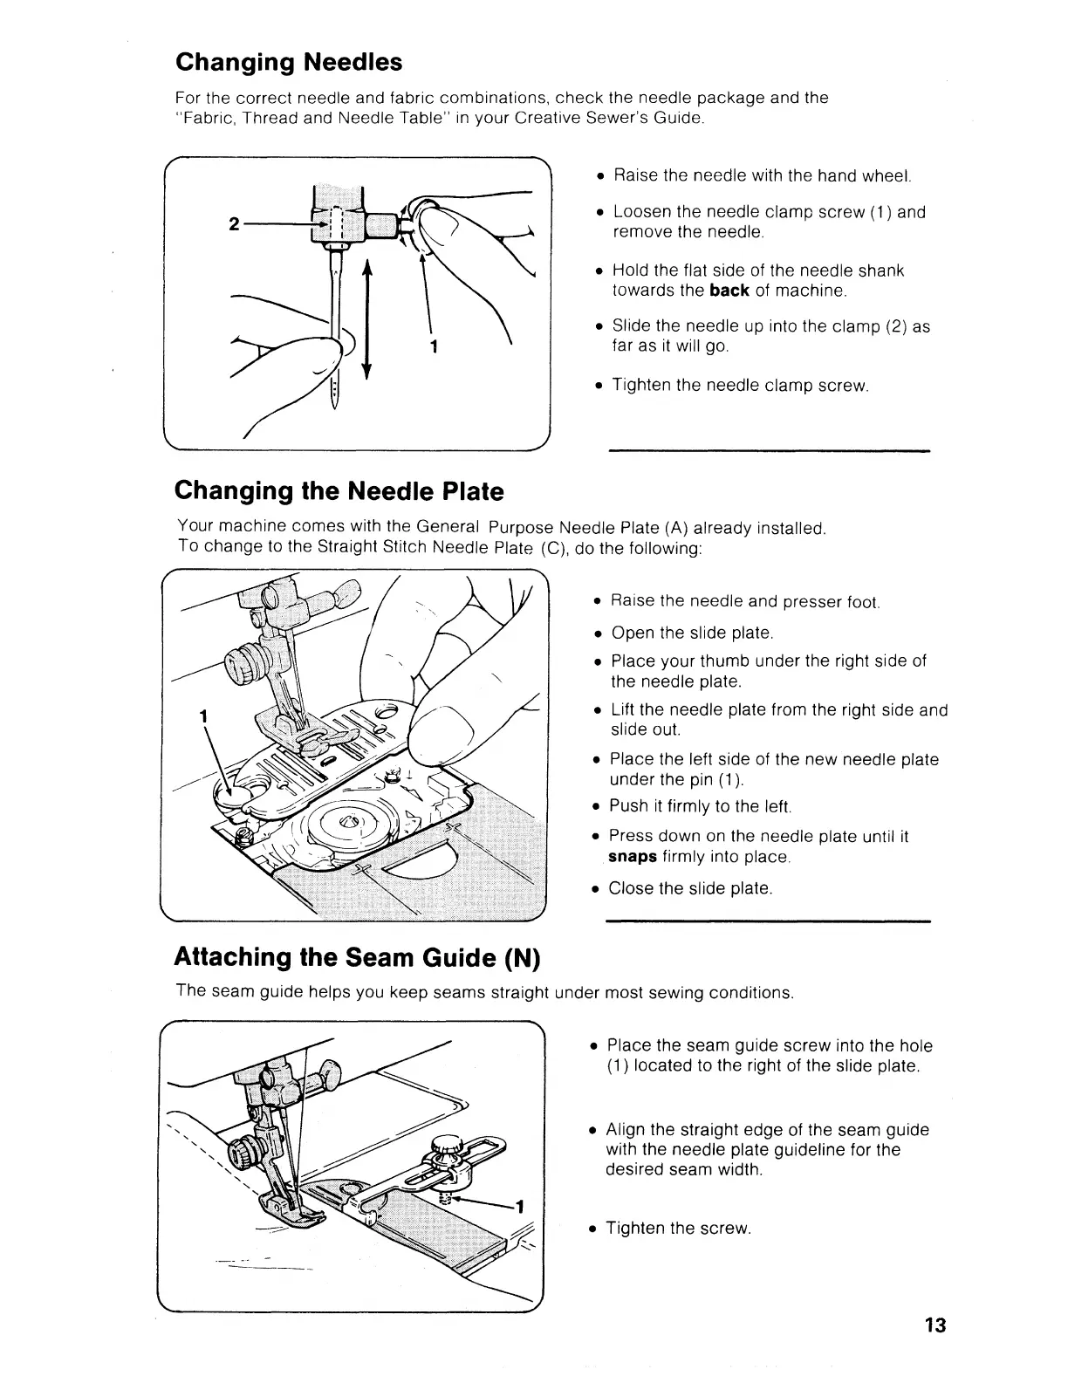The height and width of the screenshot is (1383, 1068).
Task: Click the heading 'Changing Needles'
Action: pos(289,63)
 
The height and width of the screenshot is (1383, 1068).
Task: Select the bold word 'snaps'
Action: pos(632,856)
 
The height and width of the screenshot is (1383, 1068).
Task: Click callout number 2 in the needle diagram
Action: pos(233,223)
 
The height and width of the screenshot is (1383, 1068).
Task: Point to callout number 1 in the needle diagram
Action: pos(434,346)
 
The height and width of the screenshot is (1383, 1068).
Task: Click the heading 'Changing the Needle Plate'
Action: pos(339,491)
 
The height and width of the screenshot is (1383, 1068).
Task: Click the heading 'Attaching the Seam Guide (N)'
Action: pos(358,957)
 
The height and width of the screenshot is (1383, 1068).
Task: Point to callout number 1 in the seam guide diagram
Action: pos(519,1208)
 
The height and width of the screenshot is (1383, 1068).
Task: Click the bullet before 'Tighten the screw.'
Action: pos(593,1229)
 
